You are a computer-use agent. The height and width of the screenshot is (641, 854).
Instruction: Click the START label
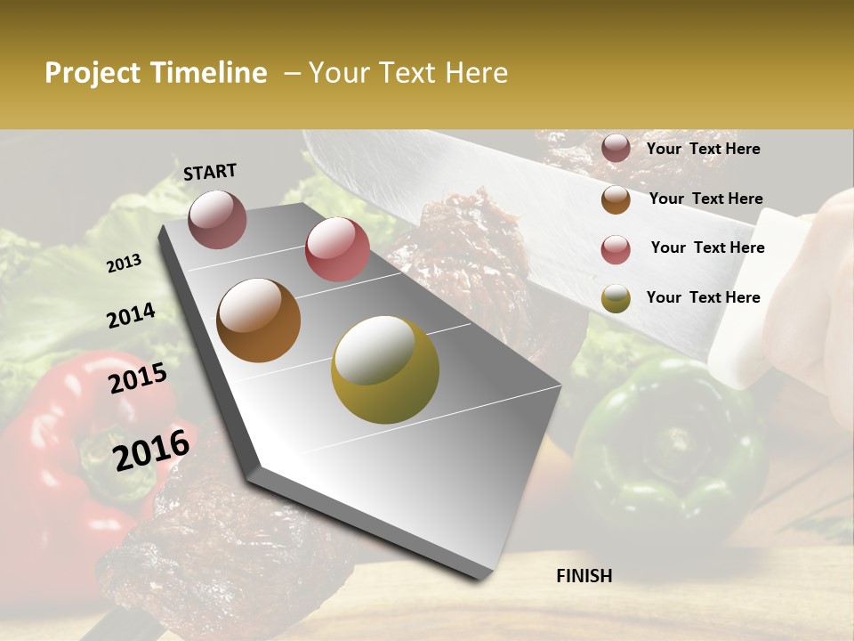coord(210,171)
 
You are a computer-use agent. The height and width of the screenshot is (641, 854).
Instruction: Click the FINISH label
coord(584,576)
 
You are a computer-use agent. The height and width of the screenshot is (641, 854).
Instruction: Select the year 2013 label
coord(124,263)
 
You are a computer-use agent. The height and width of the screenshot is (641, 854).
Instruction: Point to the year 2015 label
coord(138,378)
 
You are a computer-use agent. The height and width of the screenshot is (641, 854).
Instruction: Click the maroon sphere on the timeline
coord(218,219)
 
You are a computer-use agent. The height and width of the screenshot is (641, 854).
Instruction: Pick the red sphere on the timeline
coord(337,248)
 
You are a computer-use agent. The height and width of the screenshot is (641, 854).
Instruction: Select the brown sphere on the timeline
coord(258,320)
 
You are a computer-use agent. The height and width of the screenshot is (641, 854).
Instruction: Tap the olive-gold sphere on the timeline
coord(385,369)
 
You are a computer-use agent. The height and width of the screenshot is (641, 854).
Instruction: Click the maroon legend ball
coord(616,148)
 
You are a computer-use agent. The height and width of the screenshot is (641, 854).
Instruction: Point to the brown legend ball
coord(616,199)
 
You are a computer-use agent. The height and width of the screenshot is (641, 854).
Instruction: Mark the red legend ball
coord(616,248)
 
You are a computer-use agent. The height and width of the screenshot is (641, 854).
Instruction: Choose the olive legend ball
coord(616,298)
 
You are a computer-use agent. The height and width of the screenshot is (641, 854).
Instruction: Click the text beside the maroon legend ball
coord(703,149)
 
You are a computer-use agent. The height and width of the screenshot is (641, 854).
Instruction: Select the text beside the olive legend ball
coord(703,297)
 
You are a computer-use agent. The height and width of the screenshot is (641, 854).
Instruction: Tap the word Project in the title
coord(93,73)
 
